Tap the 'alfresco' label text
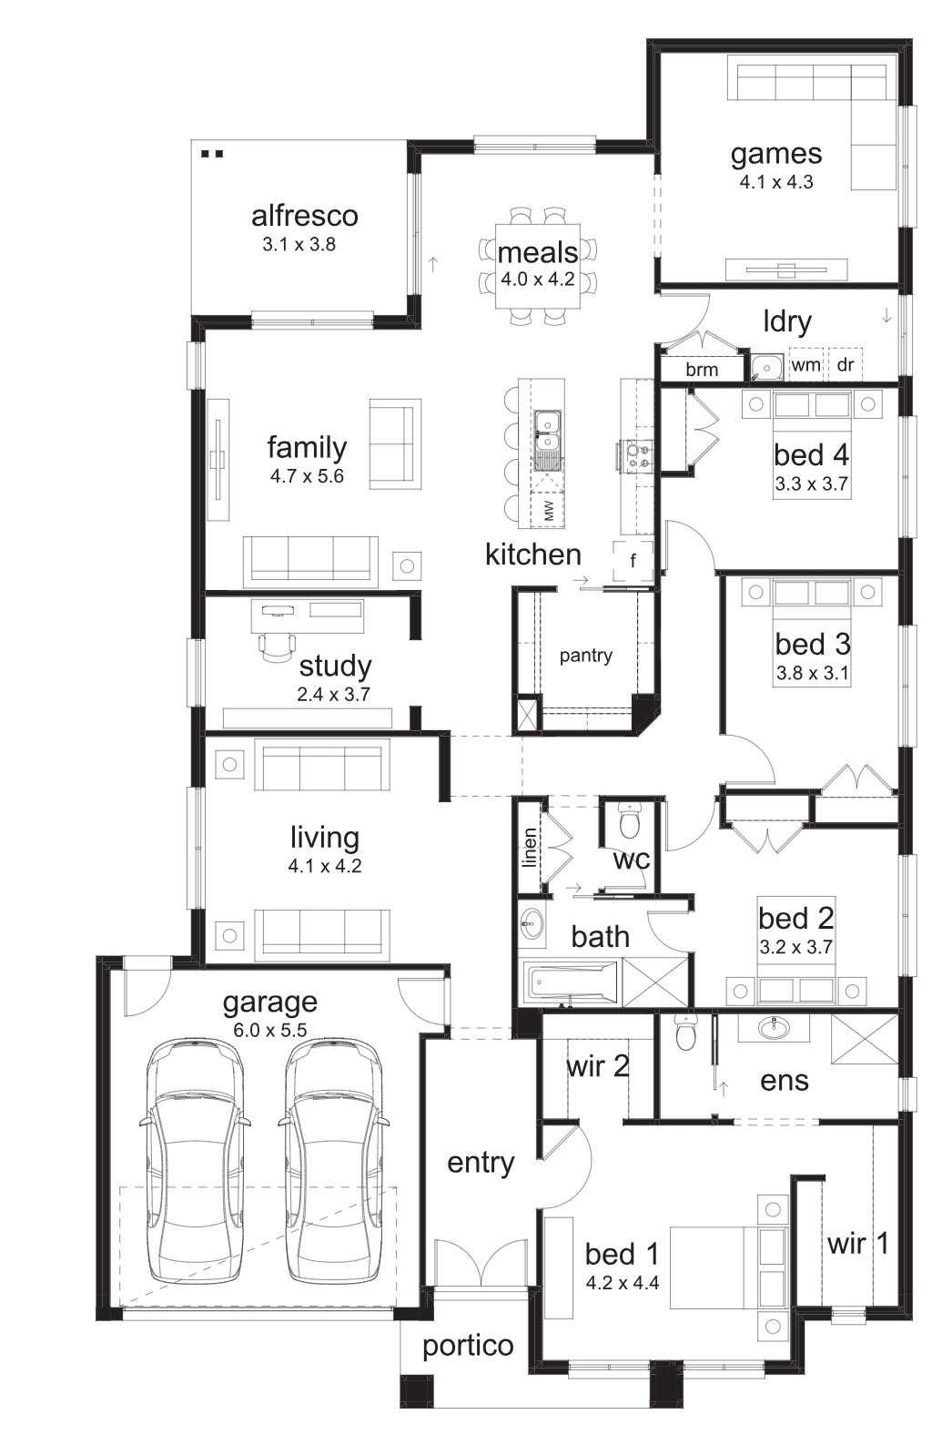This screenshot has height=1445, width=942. pyautogui.click(x=304, y=216)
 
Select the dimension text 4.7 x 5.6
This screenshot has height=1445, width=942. pyautogui.click(x=307, y=476)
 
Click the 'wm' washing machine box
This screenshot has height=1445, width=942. pyautogui.click(x=806, y=364)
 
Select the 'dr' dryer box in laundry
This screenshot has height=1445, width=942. pyautogui.click(x=845, y=364)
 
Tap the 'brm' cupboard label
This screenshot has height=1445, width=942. pyautogui.click(x=702, y=370)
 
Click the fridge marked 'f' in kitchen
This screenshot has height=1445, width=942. pyautogui.click(x=633, y=559)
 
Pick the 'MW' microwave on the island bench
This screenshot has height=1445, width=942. pyautogui.click(x=549, y=510)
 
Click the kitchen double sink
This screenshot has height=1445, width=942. pyautogui.click(x=547, y=432)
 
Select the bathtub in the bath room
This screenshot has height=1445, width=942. pyautogui.click(x=570, y=983)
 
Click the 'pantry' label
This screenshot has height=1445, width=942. pyautogui.click(x=585, y=656)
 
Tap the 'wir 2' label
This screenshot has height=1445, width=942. pyautogui.click(x=598, y=1067)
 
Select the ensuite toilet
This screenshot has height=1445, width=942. pyautogui.click(x=684, y=1033)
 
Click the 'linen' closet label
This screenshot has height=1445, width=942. pyautogui.click(x=530, y=847)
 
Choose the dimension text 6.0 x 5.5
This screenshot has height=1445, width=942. pyautogui.click(x=270, y=1030)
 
